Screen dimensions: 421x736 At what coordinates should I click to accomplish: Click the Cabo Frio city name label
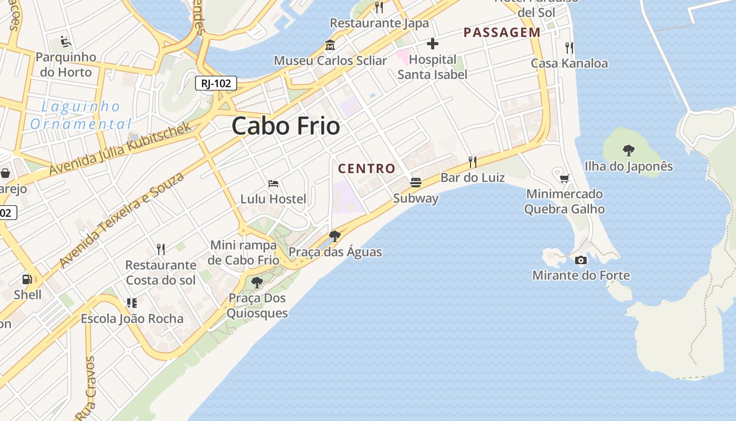[x=285, y=126]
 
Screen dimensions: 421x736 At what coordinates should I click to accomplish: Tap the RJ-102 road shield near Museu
[x=216, y=83]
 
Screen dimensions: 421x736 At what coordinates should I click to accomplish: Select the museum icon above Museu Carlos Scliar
[x=330, y=45]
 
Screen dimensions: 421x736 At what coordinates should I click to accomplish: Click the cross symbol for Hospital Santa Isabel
[x=432, y=43]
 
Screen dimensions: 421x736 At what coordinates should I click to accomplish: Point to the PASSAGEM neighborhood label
[x=502, y=33]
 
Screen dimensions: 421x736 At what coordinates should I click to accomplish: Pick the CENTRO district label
[x=366, y=169]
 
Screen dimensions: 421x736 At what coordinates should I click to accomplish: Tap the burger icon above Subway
[x=416, y=183]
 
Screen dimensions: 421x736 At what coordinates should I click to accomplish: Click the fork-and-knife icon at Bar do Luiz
[x=473, y=162]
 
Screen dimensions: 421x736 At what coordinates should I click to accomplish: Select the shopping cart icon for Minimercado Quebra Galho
[x=564, y=178]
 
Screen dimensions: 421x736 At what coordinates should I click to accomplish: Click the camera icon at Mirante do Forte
[x=581, y=260]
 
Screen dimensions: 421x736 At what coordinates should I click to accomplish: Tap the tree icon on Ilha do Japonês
[x=628, y=151]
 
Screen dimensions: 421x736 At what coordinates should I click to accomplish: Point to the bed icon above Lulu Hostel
[x=273, y=184]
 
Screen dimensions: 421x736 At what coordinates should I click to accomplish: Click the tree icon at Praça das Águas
[x=334, y=236]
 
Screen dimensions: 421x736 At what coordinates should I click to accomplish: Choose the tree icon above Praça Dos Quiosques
[x=257, y=282]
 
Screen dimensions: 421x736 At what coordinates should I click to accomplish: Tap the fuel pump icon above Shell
[x=27, y=279]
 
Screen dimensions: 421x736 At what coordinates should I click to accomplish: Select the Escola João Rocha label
[x=132, y=319]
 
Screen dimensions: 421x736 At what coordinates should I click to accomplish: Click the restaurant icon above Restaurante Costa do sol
[x=161, y=249]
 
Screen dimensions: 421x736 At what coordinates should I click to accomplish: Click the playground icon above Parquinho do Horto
[x=66, y=41]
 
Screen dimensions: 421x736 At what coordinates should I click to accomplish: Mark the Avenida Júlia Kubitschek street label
[x=121, y=149]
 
